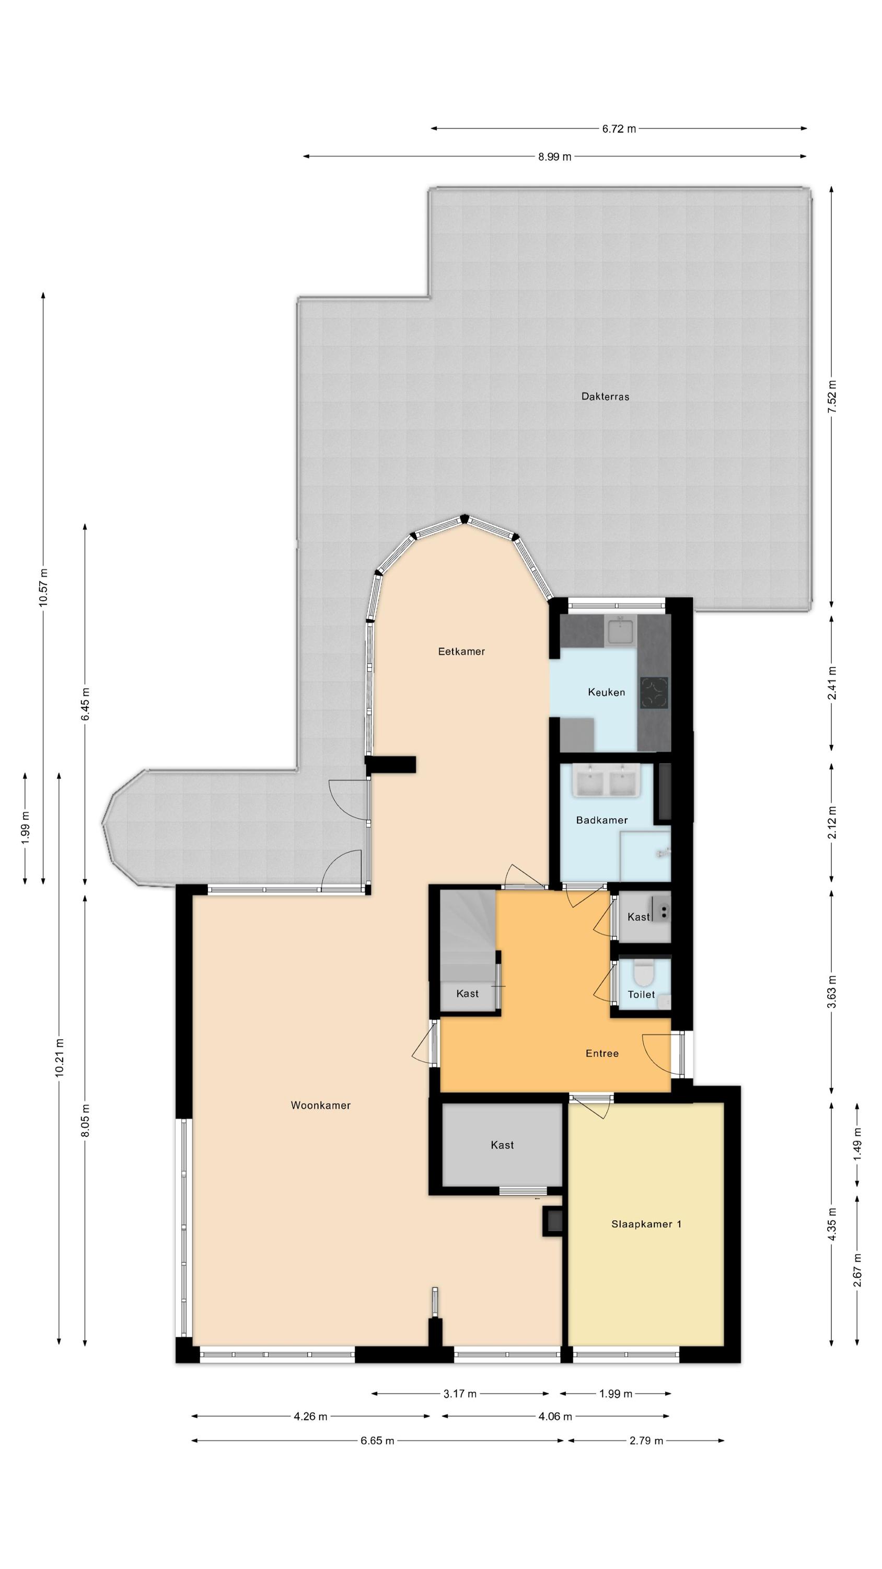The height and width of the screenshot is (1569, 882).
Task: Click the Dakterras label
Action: [x=605, y=396]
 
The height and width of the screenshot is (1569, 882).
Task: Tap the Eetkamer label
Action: [x=461, y=652]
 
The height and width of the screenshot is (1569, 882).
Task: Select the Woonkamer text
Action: [x=320, y=1106]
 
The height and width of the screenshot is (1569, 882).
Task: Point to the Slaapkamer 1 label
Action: [x=646, y=1224]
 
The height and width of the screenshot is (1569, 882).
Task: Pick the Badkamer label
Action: [x=601, y=821]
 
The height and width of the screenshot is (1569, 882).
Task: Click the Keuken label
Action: [x=606, y=692]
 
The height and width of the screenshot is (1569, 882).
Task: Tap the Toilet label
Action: [x=641, y=995]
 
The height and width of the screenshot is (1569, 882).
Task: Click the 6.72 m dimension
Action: [x=619, y=129]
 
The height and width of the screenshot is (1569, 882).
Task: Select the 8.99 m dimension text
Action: [x=554, y=156]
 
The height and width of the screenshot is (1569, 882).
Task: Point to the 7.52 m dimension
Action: [x=832, y=396]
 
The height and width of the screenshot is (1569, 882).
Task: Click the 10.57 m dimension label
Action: [x=43, y=587]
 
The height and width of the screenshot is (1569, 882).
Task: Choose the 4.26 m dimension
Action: [x=310, y=1417]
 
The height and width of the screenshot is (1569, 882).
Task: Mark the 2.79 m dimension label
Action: [x=646, y=1441]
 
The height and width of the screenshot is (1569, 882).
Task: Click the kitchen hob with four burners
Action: [x=654, y=693]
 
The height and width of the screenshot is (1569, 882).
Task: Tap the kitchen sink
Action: [x=621, y=630]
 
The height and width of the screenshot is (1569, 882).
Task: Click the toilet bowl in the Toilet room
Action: [x=642, y=973]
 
